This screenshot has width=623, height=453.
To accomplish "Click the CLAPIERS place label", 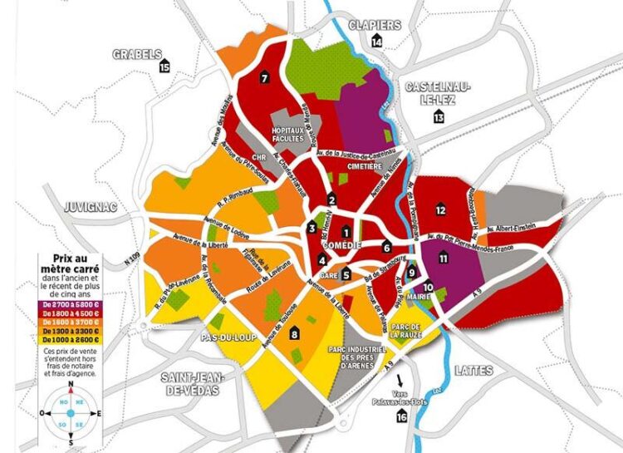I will pos(375,24).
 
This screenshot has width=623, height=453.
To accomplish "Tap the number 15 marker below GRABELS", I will pos(164,66).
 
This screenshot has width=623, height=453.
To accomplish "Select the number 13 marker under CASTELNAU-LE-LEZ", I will pos(439,118).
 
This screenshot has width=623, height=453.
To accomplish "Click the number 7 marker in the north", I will pos(263,78).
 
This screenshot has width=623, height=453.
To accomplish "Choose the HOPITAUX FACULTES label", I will pos(291,135).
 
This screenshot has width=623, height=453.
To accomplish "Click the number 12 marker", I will pos(440,210).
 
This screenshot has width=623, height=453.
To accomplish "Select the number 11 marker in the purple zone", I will pos(444,259).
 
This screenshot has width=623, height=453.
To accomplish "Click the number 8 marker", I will pos(294,334).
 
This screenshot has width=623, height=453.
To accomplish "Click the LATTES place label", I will pos(475,371).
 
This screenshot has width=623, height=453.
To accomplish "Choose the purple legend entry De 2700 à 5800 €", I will pos(71,306).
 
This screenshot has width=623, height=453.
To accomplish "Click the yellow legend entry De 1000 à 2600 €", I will pos(71,339).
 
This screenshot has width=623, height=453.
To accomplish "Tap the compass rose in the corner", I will pos(70,412).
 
